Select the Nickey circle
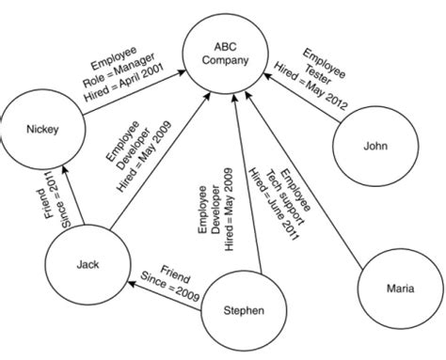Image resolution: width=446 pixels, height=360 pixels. [x=41, y=130]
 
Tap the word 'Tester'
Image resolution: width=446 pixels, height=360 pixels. [x=316, y=66]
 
